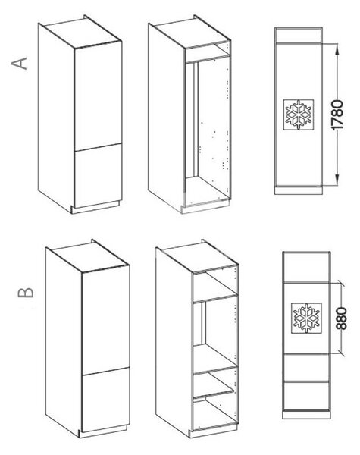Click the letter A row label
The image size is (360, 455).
click(20, 64)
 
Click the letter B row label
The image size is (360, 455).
click(26, 293)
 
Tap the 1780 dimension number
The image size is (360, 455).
click(337, 115)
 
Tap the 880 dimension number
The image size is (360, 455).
click(342, 318)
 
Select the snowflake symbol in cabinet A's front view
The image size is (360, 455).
click(299, 115)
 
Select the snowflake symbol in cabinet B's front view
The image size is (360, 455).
click(306, 318)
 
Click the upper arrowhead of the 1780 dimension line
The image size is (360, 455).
click(337, 49)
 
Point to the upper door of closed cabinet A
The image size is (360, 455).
click(98, 96)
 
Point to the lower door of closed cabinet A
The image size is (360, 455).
click(98, 175)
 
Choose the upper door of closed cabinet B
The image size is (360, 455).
click(105, 320)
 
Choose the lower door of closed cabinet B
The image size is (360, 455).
click(105, 400)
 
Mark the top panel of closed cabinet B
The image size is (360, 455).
click(87, 256)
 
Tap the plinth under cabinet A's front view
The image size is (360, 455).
click(298, 190)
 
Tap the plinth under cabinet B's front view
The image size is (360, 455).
click(306, 414)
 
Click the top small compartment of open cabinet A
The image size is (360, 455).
click(208, 52)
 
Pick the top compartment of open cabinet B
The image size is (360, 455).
click(215, 285)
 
